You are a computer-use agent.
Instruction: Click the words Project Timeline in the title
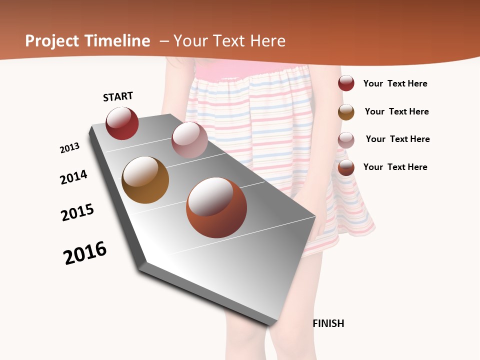[x=87, y=41]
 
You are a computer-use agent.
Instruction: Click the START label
[x=118, y=96]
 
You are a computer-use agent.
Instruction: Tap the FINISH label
[x=328, y=323]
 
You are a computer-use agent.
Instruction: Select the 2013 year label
[x=69, y=148]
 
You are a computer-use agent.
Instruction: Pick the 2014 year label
[x=73, y=177]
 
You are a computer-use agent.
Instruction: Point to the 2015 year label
[x=77, y=212]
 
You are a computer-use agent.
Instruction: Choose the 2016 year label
[x=85, y=253]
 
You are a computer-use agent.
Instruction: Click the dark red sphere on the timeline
[x=122, y=123]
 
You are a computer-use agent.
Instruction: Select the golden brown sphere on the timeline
[x=145, y=180]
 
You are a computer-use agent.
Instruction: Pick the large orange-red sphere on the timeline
[x=216, y=207]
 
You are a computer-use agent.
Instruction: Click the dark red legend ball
[x=346, y=83]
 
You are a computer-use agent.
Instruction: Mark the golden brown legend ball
[x=346, y=111]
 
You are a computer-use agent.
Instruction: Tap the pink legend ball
[x=346, y=140]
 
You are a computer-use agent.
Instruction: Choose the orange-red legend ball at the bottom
[x=346, y=167]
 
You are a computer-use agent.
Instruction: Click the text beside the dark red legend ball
[x=395, y=83]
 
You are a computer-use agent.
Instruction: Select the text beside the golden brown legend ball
[x=396, y=111]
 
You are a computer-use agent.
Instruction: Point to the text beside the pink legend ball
[x=397, y=139]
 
